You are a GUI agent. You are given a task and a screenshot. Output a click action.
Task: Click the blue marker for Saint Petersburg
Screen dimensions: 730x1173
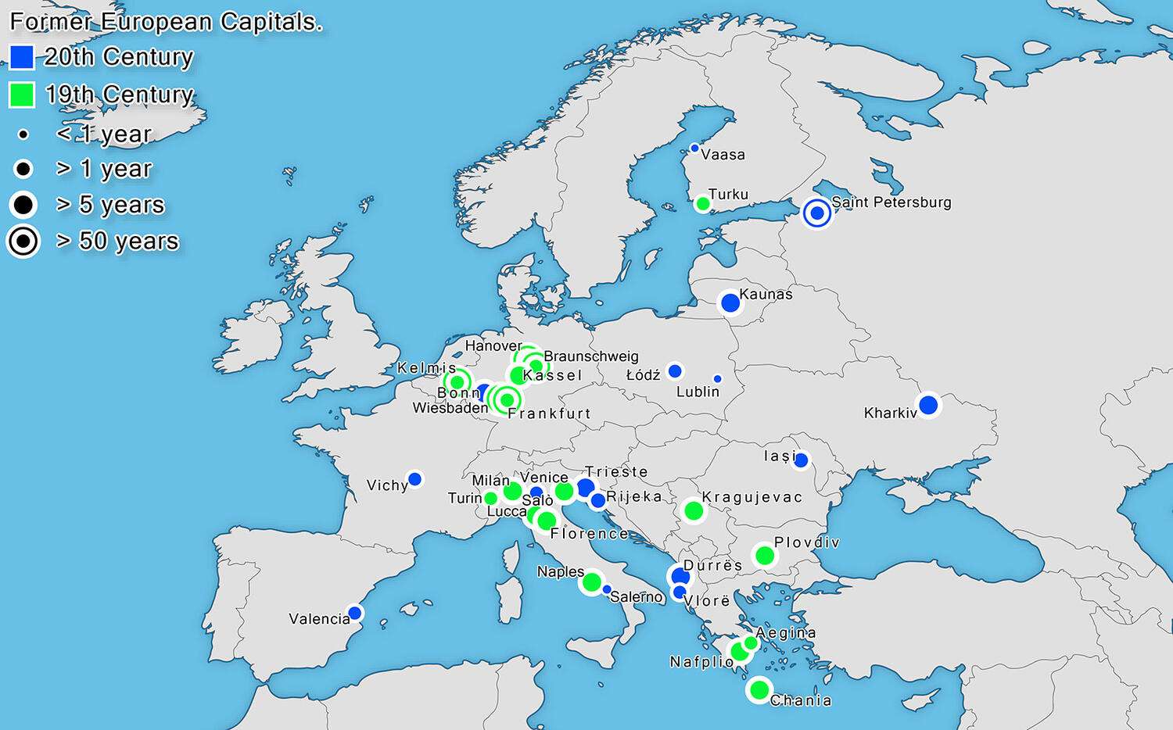point(817,213)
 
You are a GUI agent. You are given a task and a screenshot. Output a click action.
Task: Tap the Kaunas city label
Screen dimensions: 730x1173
point(766,294)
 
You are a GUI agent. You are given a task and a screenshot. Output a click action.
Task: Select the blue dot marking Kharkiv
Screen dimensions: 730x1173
point(928,405)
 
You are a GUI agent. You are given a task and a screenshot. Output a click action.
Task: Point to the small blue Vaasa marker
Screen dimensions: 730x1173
point(694,148)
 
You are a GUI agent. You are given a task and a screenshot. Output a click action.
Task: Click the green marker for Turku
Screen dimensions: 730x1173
point(702,204)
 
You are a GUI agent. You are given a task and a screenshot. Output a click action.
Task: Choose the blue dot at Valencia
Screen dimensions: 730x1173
point(354,613)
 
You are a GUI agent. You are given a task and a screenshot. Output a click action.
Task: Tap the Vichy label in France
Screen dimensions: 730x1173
point(387,485)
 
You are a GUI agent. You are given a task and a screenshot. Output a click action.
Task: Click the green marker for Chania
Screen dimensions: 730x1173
point(759,690)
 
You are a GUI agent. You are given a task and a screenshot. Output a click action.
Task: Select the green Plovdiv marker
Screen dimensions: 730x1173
point(765,556)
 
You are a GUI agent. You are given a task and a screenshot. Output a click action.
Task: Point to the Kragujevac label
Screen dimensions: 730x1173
point(752,497)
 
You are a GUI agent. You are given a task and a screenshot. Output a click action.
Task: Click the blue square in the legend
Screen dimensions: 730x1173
point(22,57)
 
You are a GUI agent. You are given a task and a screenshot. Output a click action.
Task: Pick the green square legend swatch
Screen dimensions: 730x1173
point(22,95)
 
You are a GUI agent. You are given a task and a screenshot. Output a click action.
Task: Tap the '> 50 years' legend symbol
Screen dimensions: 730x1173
point(23,242)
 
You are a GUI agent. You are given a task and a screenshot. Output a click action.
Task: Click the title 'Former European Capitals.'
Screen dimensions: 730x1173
point(166,22)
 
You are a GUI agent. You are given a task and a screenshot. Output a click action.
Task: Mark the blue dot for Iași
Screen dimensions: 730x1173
point(801,460)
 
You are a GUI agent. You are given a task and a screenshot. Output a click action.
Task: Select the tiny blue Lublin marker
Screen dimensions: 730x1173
point(717,379)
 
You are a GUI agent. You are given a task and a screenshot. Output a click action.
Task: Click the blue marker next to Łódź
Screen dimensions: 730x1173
point(675,370)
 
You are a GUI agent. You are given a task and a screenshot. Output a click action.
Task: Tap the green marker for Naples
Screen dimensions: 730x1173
point(592,582)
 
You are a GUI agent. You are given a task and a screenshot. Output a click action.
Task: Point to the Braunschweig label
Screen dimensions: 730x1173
point(590,356)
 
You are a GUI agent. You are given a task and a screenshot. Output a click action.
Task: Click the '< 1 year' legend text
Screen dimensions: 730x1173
point(103,134)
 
